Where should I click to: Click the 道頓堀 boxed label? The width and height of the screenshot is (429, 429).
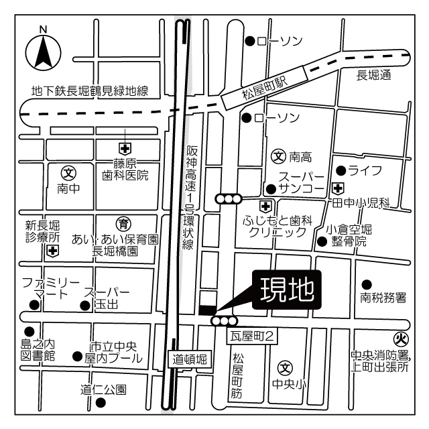(190, 359)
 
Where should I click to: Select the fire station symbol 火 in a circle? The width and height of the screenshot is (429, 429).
(401, 339)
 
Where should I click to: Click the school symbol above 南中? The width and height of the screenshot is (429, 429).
(68, 174)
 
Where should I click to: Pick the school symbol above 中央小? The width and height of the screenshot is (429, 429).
(285, 367)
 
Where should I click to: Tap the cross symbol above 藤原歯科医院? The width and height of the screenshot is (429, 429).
(125, 147)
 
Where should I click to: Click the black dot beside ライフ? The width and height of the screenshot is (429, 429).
(341, 170)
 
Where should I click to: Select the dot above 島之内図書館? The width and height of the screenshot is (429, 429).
(29, 331)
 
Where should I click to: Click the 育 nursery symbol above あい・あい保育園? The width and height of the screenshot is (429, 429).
(124, 224)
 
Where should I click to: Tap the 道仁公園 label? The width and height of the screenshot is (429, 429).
(104, 389)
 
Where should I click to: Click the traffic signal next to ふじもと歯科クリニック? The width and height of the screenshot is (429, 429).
(228, 198)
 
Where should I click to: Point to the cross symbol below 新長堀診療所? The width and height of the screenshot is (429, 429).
(52, 251)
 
